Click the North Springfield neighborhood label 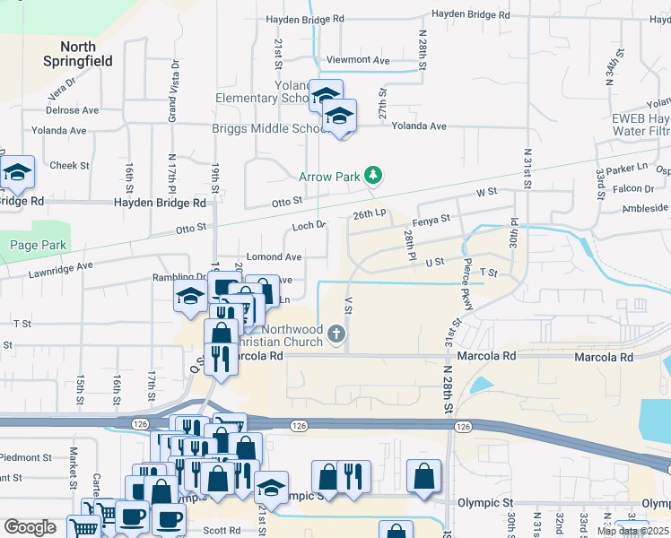(78, 54)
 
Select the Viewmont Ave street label (358, 60)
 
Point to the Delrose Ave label (73, 110)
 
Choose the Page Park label (32, 245)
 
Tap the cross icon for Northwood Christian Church (336, 335)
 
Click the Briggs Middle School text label (266, 128)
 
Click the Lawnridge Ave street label (61, 268)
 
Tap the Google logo (30, 527)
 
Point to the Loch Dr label (309, 226)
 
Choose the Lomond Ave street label (280, 256)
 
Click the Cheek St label (69, 165)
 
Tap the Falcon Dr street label (634, 188)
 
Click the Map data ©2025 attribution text (632, 531)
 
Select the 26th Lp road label (369, 215)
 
